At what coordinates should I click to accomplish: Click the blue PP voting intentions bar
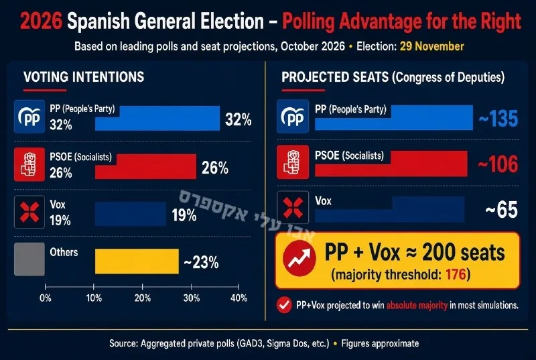click(x=157, y=118)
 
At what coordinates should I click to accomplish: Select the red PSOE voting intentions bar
click(x=145, y=166)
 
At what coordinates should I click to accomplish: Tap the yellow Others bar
click(x=137, y=261)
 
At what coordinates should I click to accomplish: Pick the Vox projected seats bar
click(x=390, y=209)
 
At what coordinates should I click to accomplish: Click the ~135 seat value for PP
click(x=498, y=119)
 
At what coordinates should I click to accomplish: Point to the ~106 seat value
click(x=498, y=164)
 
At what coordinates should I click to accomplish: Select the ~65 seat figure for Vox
click(x=501, y=210)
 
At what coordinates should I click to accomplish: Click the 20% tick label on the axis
click(x=143, y=298)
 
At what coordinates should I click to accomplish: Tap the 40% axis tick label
click(x=239, y=298)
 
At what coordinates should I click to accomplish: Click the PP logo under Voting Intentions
click(x=29, y=117)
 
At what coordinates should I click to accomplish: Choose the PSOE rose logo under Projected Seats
click(x=293, y=162)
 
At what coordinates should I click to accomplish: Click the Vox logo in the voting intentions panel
click(x=29, y=212)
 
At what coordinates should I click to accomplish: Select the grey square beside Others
click(x=29, y=259)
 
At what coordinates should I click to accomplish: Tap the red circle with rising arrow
click(x=299, y=259)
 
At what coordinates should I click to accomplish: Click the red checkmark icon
click(x=284, y=305)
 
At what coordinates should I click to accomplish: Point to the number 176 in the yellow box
click(x=456, y=274)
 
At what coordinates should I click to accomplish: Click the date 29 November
click(x=431, y=46)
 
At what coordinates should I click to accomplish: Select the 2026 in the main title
click(x=41, y=21)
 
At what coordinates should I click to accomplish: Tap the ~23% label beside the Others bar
click(x=201, y=263)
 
